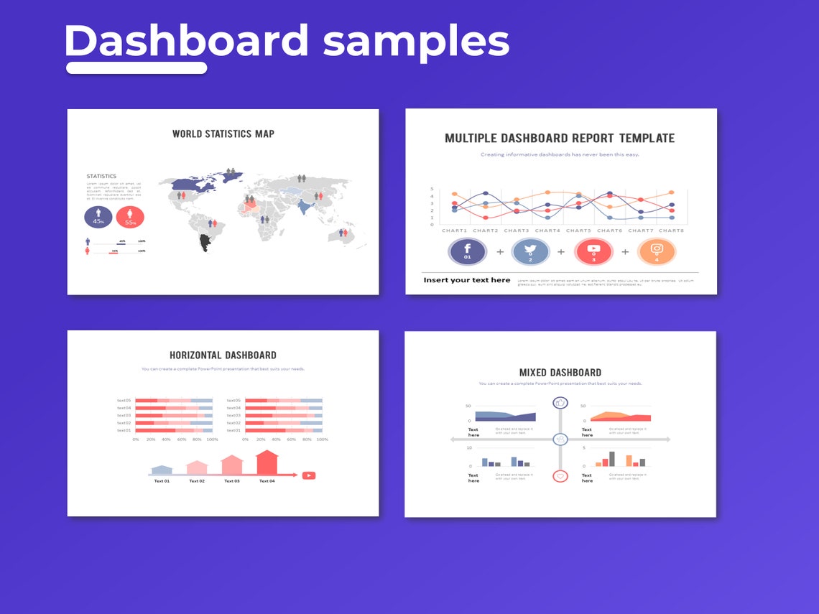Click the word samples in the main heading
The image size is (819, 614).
point(416,42)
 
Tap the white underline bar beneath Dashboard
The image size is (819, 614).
point(136,68)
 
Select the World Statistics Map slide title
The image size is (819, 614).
point(223,134)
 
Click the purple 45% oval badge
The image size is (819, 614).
point(98,216)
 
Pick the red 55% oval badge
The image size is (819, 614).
point(130,216)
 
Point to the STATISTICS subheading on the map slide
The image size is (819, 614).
point(101,176)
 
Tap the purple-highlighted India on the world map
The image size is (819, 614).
point(305,208)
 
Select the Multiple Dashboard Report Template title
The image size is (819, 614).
point(560,138)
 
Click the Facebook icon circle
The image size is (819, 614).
point(468,251)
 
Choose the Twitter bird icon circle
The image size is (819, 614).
point(530,251)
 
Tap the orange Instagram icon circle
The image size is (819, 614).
point(656,251)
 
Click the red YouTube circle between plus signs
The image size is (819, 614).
point(593,251)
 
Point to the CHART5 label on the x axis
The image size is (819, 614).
point(578,231)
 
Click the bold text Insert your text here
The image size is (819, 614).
point(467,280)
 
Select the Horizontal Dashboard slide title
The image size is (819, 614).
point(223,355)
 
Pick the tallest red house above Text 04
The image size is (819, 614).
point(267,462)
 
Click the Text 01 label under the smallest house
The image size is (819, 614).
point(162,481)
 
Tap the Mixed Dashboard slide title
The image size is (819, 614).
point(560,372)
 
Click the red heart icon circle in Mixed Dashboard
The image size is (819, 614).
point(560,476)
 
